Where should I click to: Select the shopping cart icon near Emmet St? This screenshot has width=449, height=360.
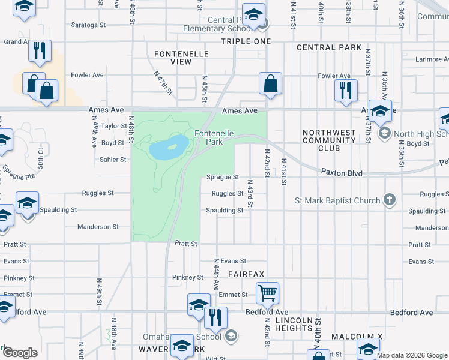(267, 293)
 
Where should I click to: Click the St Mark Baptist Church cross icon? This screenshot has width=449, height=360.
(390, 200)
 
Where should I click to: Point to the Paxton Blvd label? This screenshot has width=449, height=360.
(342, 173)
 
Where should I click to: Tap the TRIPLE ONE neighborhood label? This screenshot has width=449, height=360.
(246, 41)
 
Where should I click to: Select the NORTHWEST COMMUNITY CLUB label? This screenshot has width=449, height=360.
(329, 140)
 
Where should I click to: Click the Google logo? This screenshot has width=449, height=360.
(20, 353)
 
